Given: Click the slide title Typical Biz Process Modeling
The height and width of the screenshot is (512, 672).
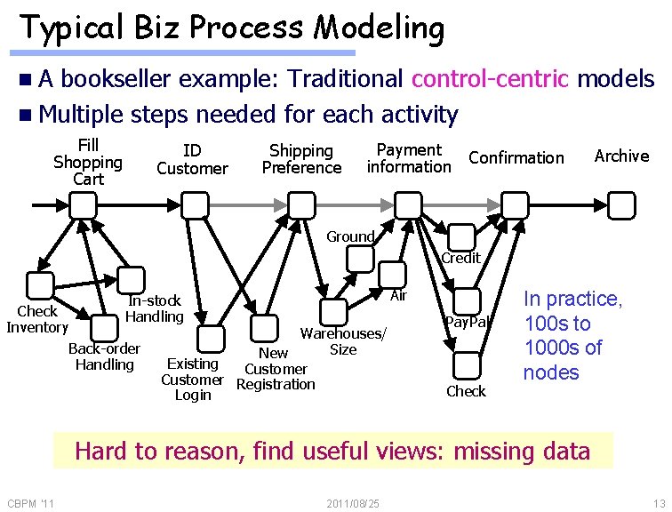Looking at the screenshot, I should (x=231, y=28).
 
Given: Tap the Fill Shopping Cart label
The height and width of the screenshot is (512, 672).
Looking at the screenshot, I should (x=88, y=162).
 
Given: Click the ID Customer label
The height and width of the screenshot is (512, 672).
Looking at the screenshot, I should (x=192, y=159).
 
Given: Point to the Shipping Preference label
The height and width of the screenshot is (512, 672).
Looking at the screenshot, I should (x=301, y=159).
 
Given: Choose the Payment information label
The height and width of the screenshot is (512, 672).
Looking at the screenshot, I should (x=409, y=158).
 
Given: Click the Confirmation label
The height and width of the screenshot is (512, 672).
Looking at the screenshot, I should (x=516, y=158).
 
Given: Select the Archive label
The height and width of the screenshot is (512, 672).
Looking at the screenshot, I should (x=621, y=156).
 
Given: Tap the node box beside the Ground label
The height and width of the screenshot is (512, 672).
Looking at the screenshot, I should (x=360, y=259).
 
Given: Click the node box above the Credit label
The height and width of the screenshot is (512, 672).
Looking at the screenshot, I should (x=461, y=236).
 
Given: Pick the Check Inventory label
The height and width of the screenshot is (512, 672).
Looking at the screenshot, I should (x=37, y=319).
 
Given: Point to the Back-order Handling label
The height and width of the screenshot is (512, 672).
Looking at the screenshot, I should (x=104, y=356).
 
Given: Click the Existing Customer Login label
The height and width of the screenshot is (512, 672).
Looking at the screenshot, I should (x=192, y=380).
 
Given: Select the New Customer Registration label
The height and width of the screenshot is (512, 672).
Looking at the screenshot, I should (x=276, y=369).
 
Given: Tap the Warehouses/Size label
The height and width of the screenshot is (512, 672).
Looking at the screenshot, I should (x=343, y=342).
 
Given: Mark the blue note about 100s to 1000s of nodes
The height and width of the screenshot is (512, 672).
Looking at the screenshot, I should (x=572, y=336).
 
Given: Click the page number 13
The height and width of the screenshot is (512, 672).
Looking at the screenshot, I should (x=658, y=504).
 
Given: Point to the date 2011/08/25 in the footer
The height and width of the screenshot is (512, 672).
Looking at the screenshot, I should (x=353, y=504).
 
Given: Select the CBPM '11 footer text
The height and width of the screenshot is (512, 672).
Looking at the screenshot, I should (x=30, y=504).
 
